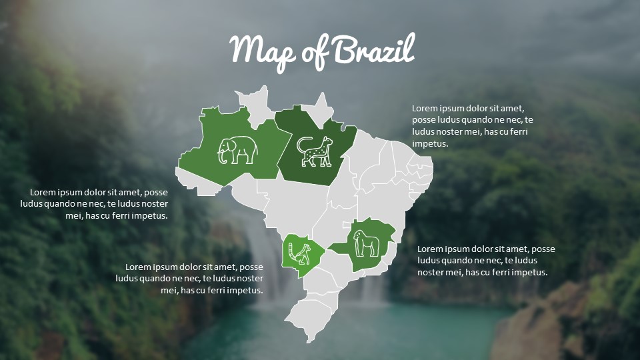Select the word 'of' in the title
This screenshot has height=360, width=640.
pos(314,52)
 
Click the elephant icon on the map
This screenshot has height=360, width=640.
pos(237,150)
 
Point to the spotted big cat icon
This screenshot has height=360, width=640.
pos(315,151)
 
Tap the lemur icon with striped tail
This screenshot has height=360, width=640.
pos(299,253)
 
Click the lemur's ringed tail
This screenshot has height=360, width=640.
pos(293,253)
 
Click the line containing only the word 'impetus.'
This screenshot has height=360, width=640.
pos(430,143)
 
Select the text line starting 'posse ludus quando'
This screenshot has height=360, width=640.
pos(473,119)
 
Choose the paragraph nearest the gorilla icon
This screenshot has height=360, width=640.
pos(486,260)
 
